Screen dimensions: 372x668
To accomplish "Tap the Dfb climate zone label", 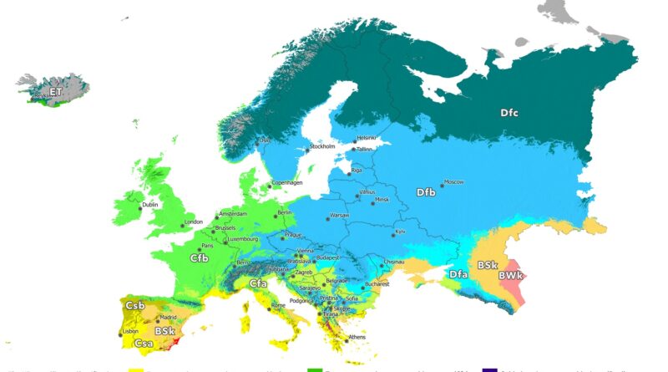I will [x=427, y=192].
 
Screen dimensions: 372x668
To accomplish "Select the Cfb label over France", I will [x=199, y=258].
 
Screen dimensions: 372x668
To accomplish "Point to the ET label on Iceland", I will [x=56, y=91].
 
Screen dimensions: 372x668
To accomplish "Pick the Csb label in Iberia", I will [x=134, y=306].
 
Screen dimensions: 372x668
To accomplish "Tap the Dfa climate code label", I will [x=458, y=274].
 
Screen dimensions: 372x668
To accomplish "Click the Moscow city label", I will [x=453, y=181].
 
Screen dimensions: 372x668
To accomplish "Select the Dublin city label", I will [x=150, y=204].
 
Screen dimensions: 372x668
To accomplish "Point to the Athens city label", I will [x=357, y=337].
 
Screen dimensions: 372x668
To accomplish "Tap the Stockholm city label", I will [x=322, y=146].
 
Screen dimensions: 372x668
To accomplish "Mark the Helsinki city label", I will [x=367, y=138].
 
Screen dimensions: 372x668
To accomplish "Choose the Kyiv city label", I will [x=400, y=230].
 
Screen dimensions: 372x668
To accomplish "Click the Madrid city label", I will [x=170, y=318].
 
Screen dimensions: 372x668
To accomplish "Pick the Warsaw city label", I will [x=340, y=216].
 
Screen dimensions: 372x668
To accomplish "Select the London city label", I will [x=194, y=222].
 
